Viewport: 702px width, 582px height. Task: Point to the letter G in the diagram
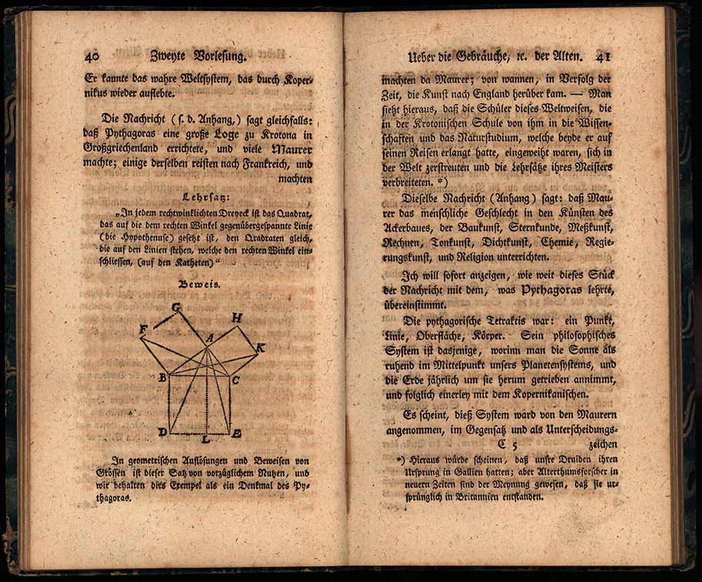(x=176, y=307)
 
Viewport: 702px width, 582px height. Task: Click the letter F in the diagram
(x=143, y=329)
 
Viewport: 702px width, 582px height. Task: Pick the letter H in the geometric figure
(x=237, y=318)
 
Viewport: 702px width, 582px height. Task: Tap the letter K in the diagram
(x=260, y=348)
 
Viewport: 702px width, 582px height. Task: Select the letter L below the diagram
(x=205, y=440)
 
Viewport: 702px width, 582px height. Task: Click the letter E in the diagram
(x=237, y=433)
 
